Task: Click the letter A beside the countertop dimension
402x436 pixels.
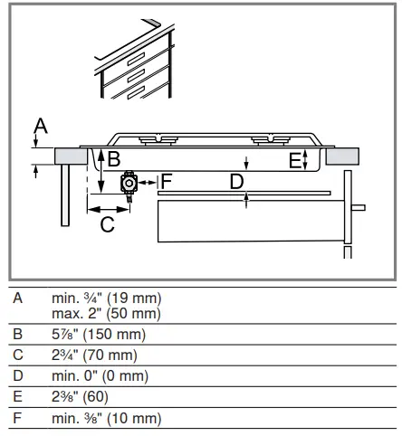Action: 41,126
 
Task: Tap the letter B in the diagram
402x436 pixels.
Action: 114,158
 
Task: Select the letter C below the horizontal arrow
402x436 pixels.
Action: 108,224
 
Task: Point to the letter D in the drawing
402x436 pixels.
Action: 236,182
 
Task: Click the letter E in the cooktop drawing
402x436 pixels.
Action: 295,160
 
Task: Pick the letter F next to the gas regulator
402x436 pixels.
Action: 167,181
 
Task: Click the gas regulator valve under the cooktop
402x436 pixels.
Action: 129,185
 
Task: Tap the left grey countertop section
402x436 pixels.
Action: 72,156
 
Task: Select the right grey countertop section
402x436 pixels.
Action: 342,156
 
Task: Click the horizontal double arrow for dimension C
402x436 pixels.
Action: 109,209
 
